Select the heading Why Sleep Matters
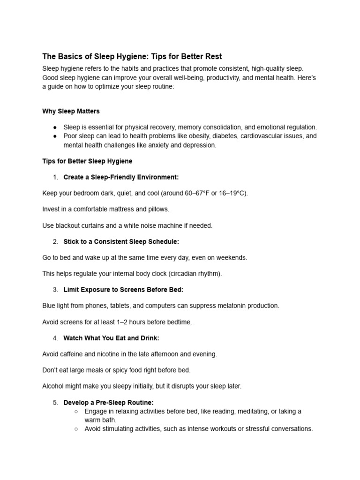tap(71, 111)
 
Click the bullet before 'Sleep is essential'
tap(55, 127)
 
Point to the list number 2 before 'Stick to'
tap(55, 241)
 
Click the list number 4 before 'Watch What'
tap(55, 338)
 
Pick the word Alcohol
tap(53, 386)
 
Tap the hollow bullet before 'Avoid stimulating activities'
tap(76, 428)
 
